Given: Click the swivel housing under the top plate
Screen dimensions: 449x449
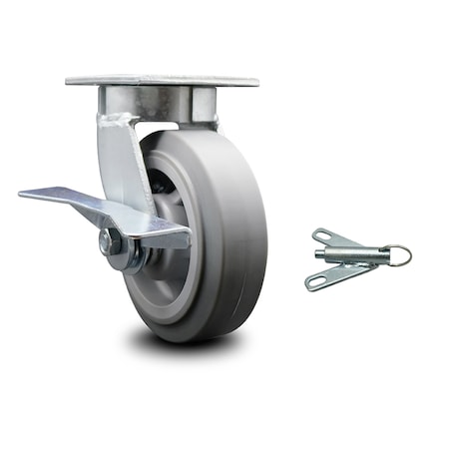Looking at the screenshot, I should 160,103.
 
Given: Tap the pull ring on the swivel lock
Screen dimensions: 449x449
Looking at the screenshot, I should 399,256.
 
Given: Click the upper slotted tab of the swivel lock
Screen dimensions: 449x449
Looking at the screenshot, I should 334,239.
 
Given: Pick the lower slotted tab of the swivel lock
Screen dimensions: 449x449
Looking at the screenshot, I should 329,277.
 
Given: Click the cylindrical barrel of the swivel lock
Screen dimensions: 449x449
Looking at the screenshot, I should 359,256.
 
